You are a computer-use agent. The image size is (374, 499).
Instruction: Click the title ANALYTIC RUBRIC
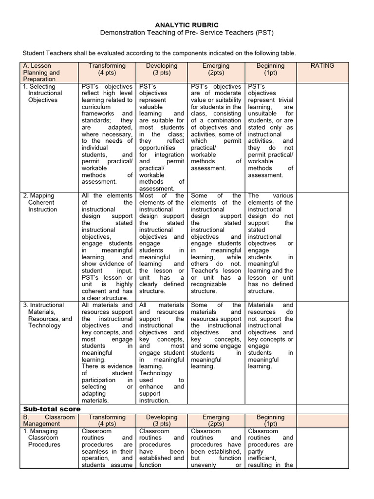(187, 24)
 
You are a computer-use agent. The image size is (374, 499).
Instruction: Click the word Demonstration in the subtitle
(125, 33)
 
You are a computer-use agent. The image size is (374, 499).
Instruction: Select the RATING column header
(322, 66)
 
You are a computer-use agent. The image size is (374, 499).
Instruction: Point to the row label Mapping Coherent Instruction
(41, 202)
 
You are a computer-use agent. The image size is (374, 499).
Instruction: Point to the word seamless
(96, 451)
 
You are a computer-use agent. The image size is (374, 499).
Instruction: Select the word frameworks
(98, 114)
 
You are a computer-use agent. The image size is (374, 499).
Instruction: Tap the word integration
(168, 154)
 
